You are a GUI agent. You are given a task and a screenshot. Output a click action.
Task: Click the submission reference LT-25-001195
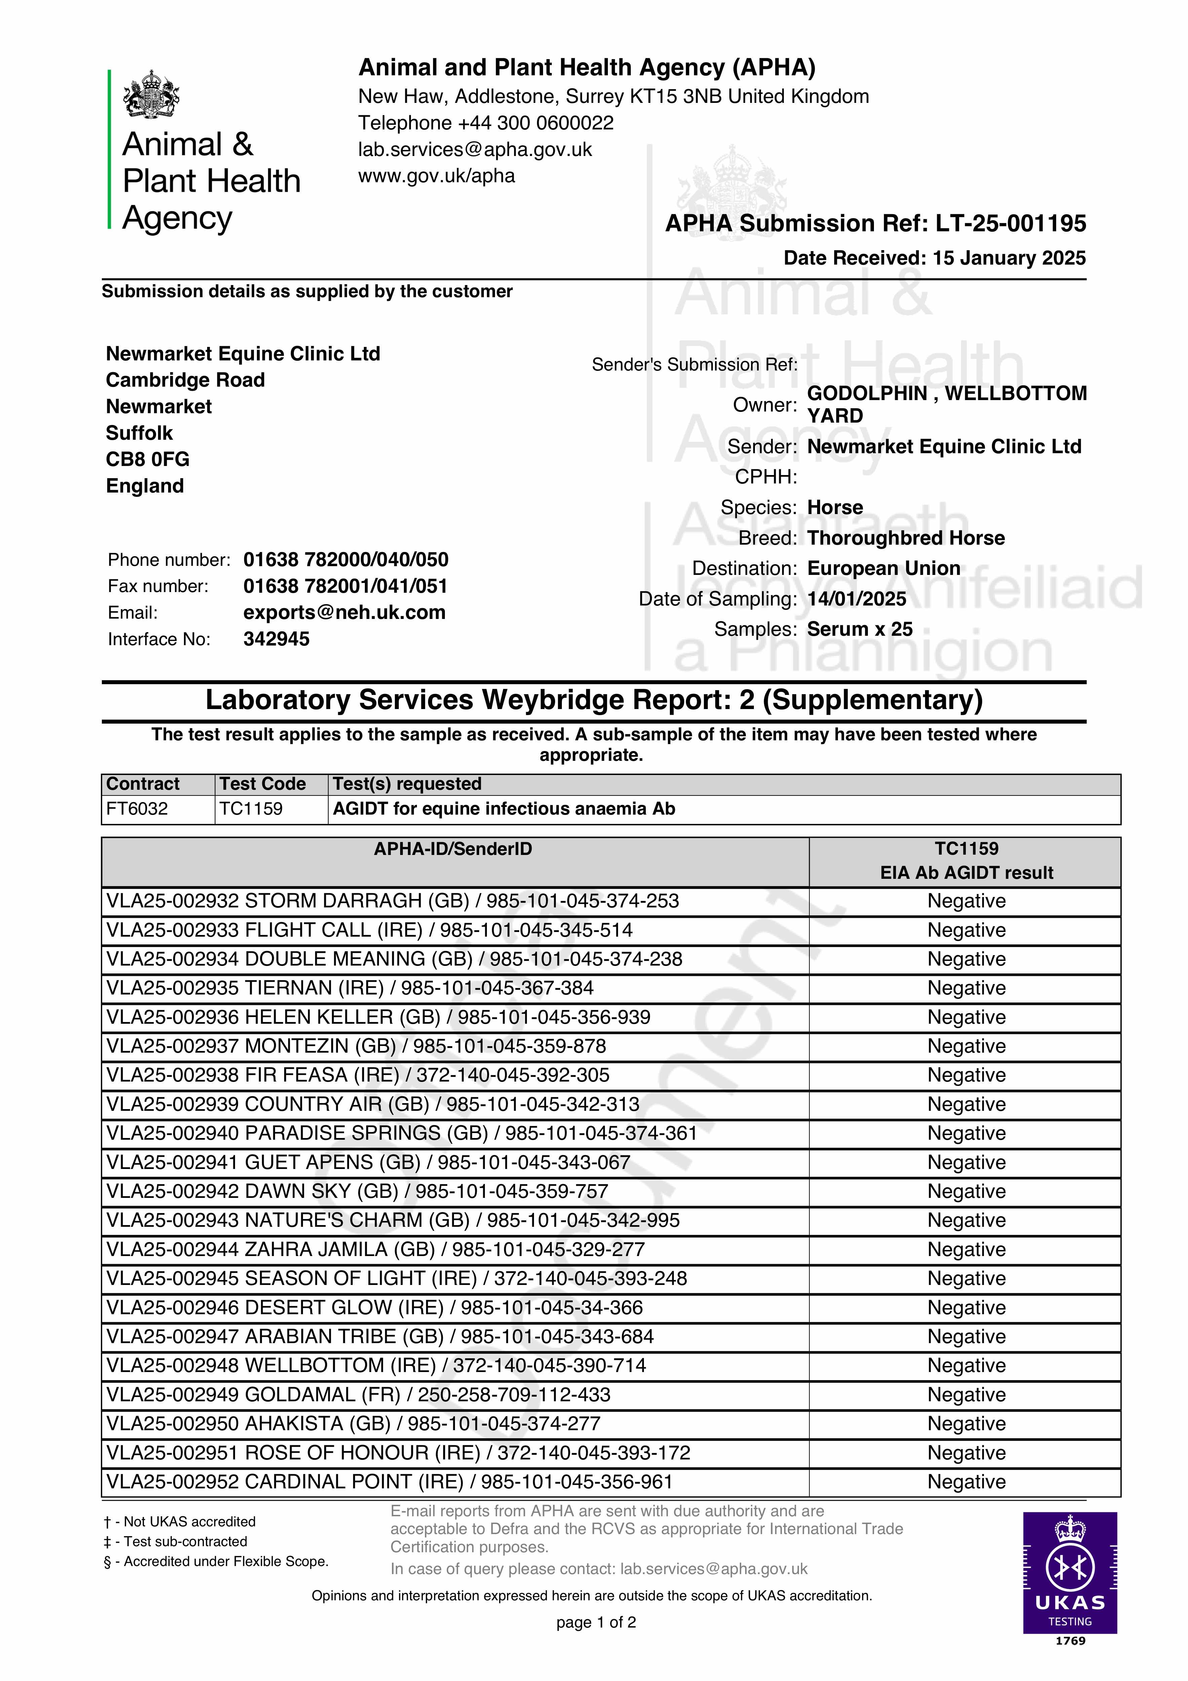[1011, 223]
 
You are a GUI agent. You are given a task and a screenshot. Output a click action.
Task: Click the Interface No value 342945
[276, 639]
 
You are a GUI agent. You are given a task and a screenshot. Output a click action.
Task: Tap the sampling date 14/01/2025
[856, 599]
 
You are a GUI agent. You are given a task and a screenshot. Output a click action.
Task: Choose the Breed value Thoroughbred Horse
[905, 538]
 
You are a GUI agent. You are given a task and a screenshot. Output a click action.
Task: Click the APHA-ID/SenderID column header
[453, 849]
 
